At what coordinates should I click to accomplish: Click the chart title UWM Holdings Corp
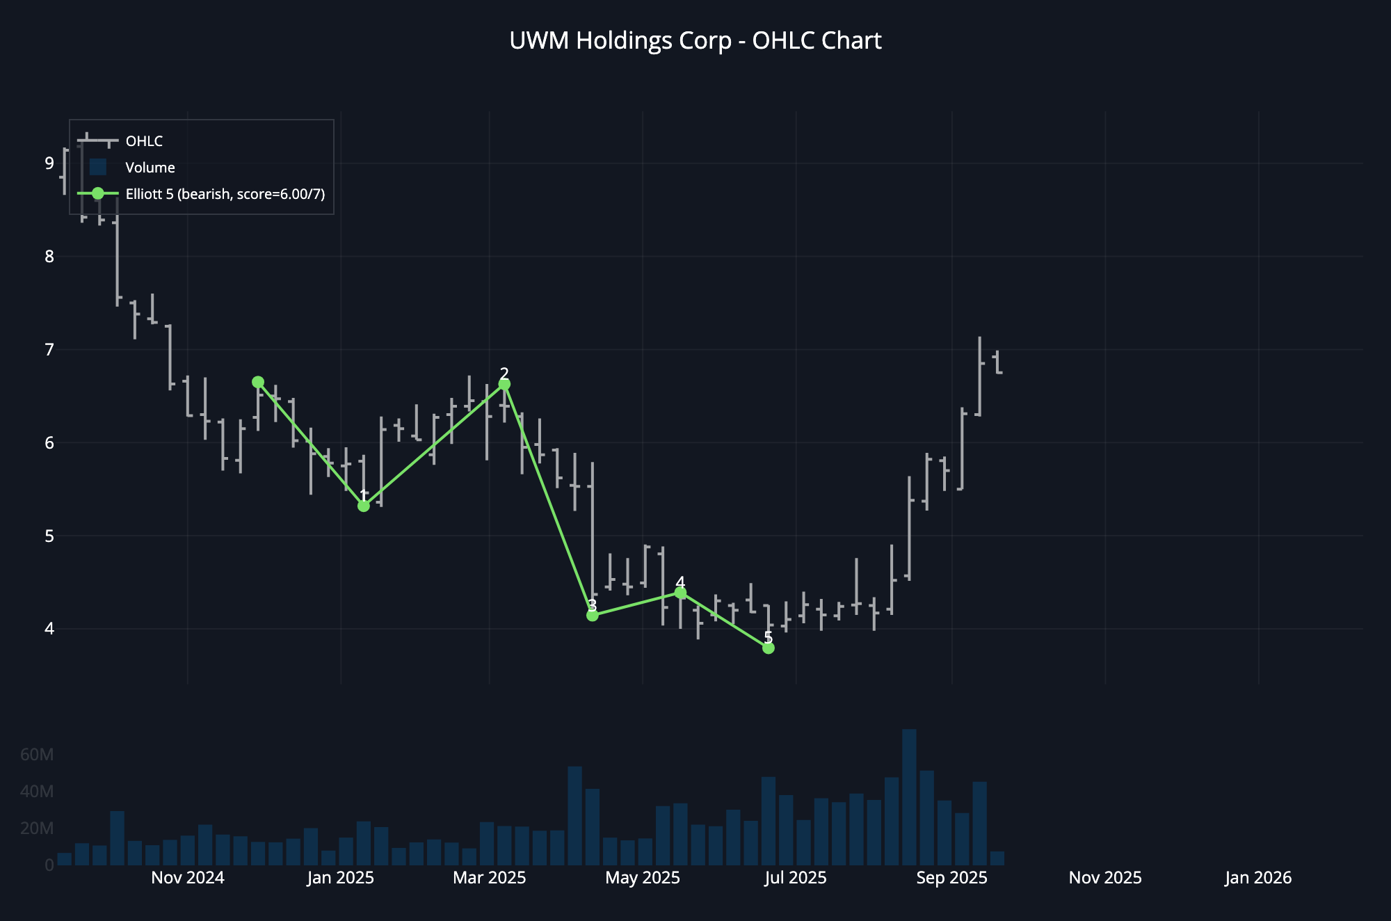pyautogui.click(x=695, y=41)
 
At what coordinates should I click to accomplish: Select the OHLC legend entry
pyautogui.click(x=144, y=141)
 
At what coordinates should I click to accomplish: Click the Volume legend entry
pyautogui.click(x=150, y=168)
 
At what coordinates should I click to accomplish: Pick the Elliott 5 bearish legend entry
pyautogui.click(x=225, y=194)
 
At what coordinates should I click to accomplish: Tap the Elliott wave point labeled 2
pyautogui.click(x=504, y=384)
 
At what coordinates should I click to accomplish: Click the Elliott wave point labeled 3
pyautogui.click(x=593, y=615)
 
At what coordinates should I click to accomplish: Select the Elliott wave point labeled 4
pyautogui.click(x=680, y=593)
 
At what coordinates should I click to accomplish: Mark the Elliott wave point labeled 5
pyautogui.click(x=768, y=648)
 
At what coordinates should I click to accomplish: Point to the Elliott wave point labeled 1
pyautogui.click(x=363, y=506)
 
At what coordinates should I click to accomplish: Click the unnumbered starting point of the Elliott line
pyautogui.click(x=258, y=382)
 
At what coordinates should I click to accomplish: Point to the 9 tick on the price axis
pyautogui.click(x=49, y=163)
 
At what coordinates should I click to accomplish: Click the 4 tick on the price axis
pyautogui.click(x=49, y=629)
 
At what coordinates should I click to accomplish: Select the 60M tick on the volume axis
pyautogui.click(x=37, y=755)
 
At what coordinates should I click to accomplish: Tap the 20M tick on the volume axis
pyautogui.click(x=37, y=828)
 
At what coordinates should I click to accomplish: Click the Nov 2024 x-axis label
pyautogui.click(x=188, y=878)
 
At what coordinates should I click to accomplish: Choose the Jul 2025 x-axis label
pyautogui.click(x=796, y=878)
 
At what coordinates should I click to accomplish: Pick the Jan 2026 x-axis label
pyautogui.click(x=1258, y=878)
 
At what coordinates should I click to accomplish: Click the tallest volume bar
pyautogui.click(x=909, y=797)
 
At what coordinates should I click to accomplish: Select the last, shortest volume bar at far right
pyautogui.click(x=997, y=858)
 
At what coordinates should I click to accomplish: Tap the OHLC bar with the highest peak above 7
pyautogui.click(x=979, y=376)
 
